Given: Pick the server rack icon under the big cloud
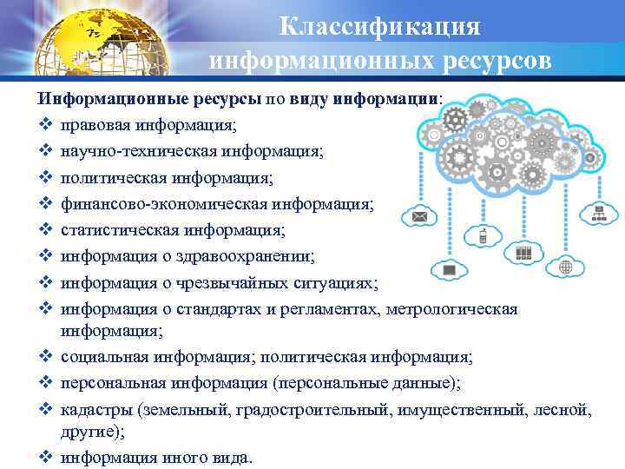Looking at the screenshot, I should [523, 254].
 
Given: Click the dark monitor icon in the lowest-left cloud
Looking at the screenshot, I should [450, 272].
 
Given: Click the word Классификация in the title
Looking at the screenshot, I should [380, 26].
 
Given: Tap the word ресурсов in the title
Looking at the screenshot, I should [492, 62].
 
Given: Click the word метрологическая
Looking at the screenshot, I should [452, 308].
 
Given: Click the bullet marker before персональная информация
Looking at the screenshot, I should [46, 384].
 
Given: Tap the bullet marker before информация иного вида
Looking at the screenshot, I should [46, 457].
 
